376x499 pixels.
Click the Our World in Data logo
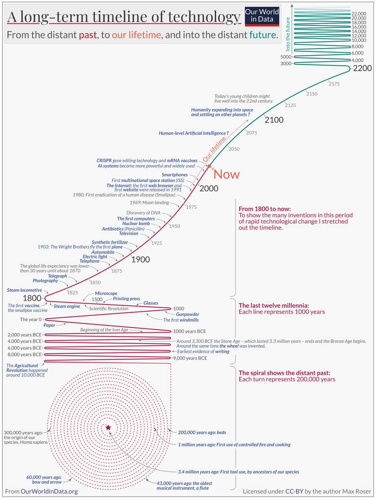pos(262,16)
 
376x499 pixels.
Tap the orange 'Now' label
pos(226,174)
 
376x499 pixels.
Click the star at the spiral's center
pos(108,427)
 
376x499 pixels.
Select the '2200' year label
pos(362,68)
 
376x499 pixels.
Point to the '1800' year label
pos(32,298)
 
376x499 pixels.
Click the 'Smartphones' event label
pos(174,175)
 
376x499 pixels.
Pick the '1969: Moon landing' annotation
pos(149,203)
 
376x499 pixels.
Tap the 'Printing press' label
pos(126,299)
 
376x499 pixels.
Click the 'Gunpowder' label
pos(187,314)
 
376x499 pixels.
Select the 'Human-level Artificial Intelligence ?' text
pos(194,133)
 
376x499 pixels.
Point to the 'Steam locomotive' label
pos(24,290)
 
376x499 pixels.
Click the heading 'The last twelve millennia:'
pos(274,306)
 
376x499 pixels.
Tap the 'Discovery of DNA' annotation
pos(143,213)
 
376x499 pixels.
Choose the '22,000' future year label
pos(359,14)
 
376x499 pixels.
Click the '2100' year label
pos(274,120)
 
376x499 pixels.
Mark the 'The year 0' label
pos(31,319)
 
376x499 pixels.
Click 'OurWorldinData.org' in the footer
pos(49,491)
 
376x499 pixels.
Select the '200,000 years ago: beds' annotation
pos(202,433)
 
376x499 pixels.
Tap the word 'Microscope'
pos(106,293)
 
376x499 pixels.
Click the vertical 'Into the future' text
pos(288,34)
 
